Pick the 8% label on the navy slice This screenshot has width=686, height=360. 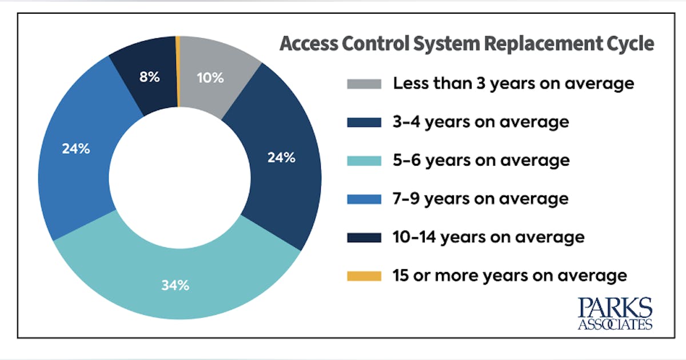(x=150, y=77)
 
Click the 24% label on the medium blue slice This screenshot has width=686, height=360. (x=76, y=149)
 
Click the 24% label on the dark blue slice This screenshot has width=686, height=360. (x=281, y=158)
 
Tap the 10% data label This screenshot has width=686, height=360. (x=210, y=78)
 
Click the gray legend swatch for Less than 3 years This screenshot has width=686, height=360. (x=364, y=83)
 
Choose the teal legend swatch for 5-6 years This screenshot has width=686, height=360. (x=364, y=161)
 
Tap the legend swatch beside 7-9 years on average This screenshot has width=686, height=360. (x=364, y=199)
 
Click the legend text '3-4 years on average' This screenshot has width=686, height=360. (x=481, y=122)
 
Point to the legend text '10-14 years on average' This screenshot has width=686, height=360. (x=489, y=237)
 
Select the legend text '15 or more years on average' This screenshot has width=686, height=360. (x=510, y=276)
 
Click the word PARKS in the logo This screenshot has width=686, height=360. (x=615, y=309)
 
